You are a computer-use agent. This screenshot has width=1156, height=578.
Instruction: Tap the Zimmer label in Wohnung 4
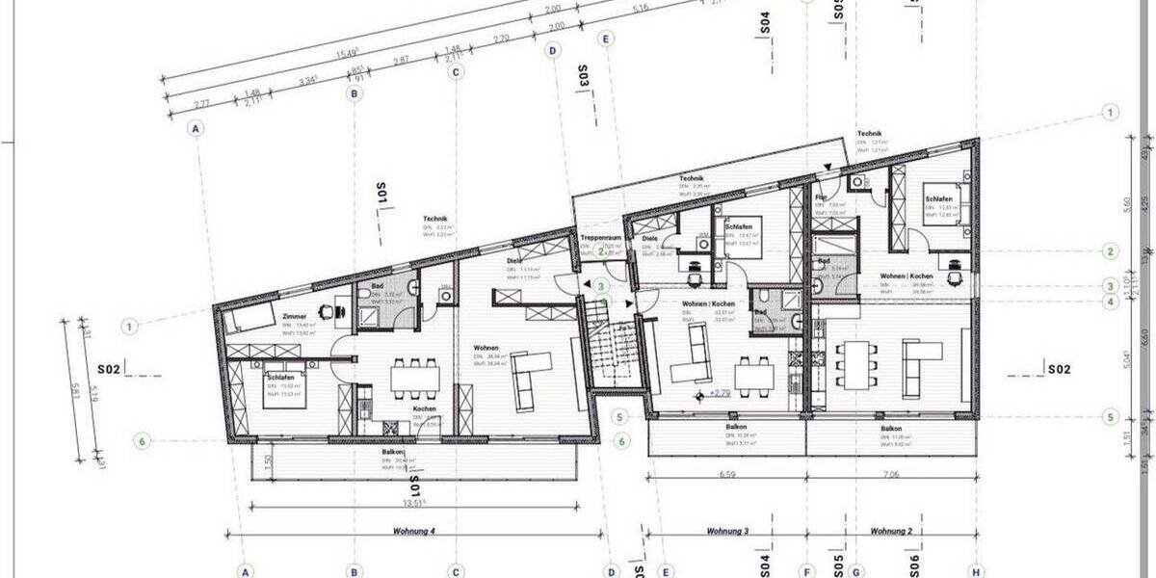pos(295,315)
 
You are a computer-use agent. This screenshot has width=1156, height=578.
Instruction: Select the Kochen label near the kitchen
pos(425,408)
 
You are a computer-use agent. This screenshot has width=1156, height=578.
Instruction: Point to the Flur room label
pos(822,197)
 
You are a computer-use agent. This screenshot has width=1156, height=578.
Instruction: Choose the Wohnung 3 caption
pos(728,531)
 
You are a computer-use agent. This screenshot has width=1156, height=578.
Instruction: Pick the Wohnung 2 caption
pos(891,531)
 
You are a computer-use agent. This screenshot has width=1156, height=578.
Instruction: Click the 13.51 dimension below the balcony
pos(414,501)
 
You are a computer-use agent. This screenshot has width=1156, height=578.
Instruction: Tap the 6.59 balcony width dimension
pos(727,474)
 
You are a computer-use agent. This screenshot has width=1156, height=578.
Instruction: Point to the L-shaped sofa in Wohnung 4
pos(531,376)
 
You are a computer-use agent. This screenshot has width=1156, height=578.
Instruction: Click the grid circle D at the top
pos(553,50)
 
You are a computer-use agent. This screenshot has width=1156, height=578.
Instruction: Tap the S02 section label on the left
pos(108,368)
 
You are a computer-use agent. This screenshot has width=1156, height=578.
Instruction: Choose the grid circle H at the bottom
pos(976,571)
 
